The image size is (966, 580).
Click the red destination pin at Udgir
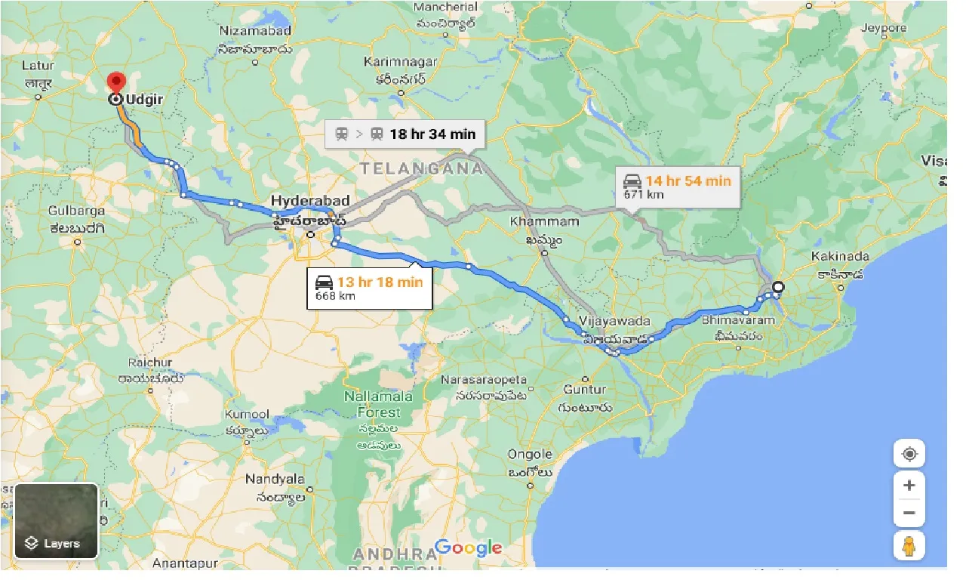tap(115, 82)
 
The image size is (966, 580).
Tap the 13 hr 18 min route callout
tap(370, 288)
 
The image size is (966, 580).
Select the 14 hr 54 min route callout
tap(677, 187)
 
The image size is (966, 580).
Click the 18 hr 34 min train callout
tap(405, 134)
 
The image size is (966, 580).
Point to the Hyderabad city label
tap(310, 201)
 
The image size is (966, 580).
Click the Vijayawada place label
tap(614, 321)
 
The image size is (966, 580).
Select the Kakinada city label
tap(840, 257)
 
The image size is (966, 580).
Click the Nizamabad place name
tap(254, 31)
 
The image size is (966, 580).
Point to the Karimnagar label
tap(400, 61)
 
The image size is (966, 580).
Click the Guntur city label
tap(584, 390)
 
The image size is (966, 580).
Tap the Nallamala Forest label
tap(374, 405)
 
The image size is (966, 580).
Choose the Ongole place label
tap(530, 454)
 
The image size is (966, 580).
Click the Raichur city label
tap(150, 362)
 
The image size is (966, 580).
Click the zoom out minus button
tap(909, 513)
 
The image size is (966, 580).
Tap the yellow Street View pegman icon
tap(909, 546)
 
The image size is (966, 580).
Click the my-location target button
tap(909, 454)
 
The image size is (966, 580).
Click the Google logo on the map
tap(468, 548)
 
